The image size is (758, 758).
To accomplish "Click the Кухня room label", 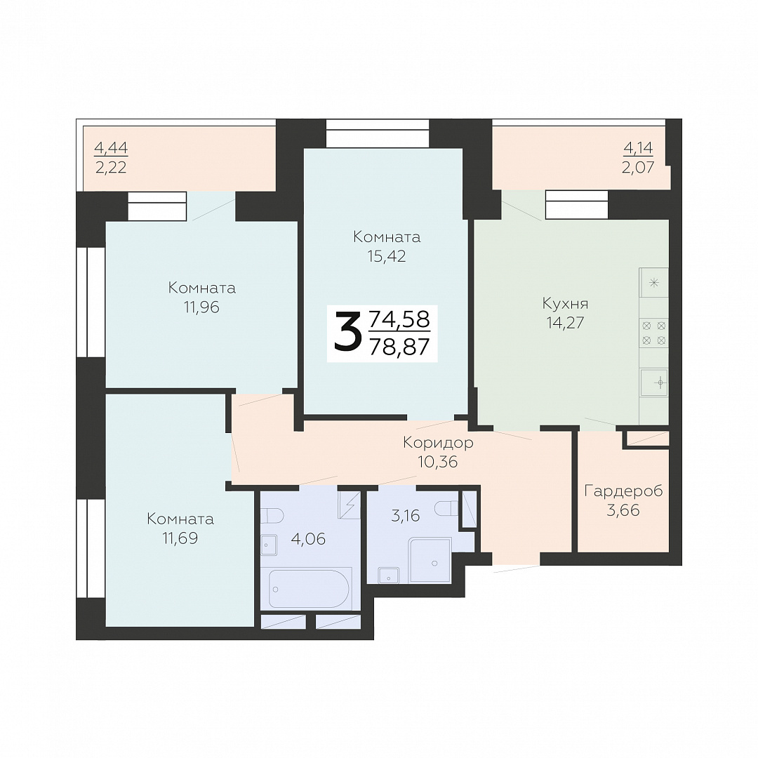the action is click(565, 304).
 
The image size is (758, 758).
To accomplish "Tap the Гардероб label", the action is click(623, 491).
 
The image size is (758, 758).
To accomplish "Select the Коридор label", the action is click(438, 443).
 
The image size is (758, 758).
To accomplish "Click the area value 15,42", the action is click(387, 256).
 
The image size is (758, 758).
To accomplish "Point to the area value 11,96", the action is click(201, 307).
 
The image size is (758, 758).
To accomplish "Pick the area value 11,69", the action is click(180, 538).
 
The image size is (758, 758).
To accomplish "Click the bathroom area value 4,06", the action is click(308, 538).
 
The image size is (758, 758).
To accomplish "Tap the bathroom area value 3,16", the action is click(405, 516).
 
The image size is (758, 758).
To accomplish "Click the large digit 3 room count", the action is click(348, 331).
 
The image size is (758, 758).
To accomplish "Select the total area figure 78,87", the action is click(399, 347).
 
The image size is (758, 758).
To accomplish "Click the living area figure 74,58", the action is click(399, 319).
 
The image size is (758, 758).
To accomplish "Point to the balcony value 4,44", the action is click(111, 147).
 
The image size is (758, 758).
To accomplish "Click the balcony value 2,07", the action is click(638, 168).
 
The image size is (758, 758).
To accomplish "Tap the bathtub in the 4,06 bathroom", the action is click(308, 589).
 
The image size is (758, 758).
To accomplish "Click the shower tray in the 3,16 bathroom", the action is click(430, 559).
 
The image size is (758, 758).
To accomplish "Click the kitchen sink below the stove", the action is click(655, 383).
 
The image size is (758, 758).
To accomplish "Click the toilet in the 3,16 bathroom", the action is click(446, 508).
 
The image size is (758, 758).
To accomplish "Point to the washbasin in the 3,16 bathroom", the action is click(389, 576).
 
